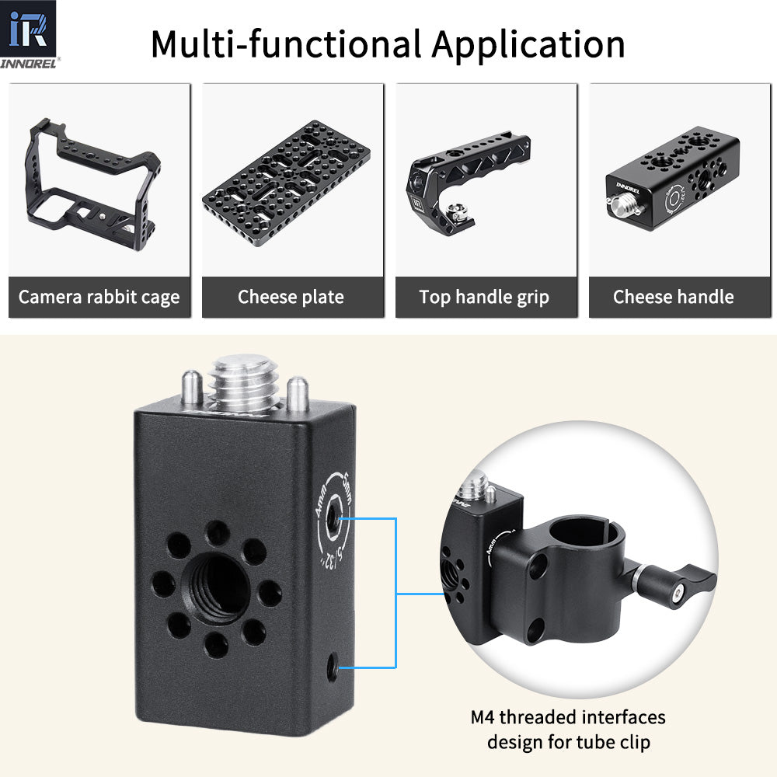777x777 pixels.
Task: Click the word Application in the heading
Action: tap(528, 44)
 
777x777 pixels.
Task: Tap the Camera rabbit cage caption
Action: tap(99, 297)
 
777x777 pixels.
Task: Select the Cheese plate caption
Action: tap(291, 297)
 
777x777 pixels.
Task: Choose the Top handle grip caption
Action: tap(484, 297)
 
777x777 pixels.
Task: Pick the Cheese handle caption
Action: tap(673, 297)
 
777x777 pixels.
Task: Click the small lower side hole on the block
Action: tap(333, 666)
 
